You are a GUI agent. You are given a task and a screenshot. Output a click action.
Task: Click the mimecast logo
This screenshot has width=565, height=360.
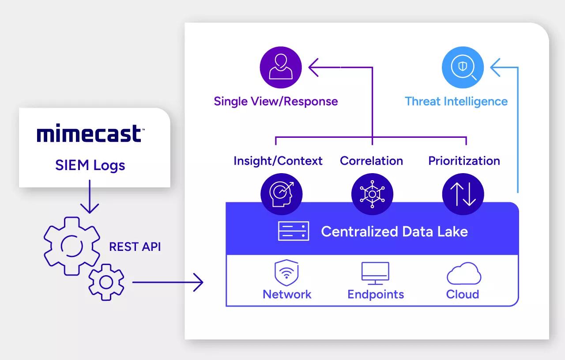click(89, 134)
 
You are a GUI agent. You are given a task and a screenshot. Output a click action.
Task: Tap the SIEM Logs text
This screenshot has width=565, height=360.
click(90, 165)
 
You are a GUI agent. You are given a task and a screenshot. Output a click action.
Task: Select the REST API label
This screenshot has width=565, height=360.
click(135, 246)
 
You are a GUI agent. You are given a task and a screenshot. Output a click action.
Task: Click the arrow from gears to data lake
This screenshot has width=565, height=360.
click(168, 282)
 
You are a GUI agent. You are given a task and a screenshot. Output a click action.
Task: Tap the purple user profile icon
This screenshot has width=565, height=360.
click(280, 68)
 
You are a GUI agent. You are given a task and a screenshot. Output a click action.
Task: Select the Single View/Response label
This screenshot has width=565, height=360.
click(276, 101)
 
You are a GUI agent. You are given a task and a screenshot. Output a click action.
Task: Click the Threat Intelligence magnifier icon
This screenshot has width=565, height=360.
click(463, 68)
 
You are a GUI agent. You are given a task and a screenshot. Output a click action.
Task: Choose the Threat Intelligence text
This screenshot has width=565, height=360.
click(456, 101)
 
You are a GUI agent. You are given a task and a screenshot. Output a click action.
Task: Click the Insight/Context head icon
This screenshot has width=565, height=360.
click(281, 194)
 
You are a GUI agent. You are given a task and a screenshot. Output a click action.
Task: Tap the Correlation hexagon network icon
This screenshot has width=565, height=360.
click(372, 194)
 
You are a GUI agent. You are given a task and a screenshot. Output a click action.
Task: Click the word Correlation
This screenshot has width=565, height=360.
click(371, 161)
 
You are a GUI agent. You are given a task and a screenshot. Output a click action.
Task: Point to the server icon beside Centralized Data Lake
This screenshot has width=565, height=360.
click(293, 231)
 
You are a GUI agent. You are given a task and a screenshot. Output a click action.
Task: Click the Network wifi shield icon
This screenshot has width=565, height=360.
click(287, 273)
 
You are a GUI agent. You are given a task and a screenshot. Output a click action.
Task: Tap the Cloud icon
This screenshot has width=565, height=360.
click(463, 274)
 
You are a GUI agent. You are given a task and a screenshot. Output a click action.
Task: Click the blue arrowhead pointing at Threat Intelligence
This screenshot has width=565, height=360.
click(497, 68)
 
